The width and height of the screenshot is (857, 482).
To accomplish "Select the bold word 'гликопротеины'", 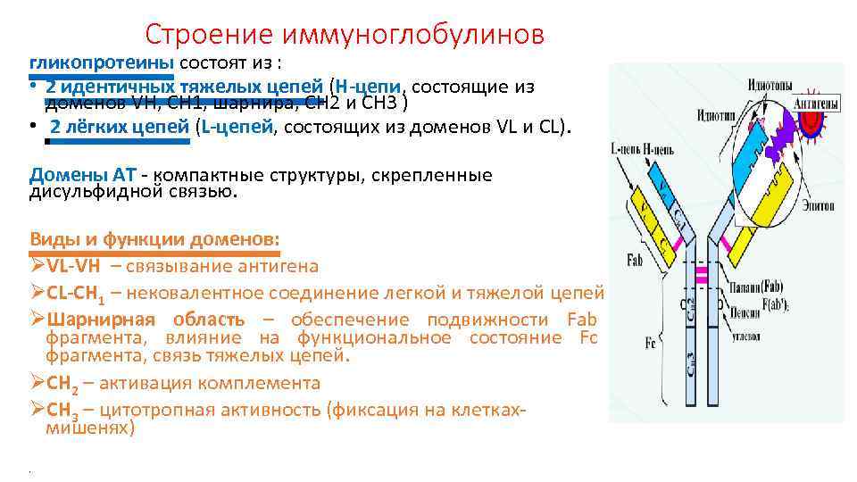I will click(x=103, y=63).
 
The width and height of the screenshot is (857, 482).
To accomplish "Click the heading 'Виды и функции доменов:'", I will click(x=154, y=239).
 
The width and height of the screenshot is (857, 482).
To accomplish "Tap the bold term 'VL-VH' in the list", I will click(x=75, y=266).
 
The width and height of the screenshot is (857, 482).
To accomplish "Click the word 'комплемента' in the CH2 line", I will click(x=270, y=383).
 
